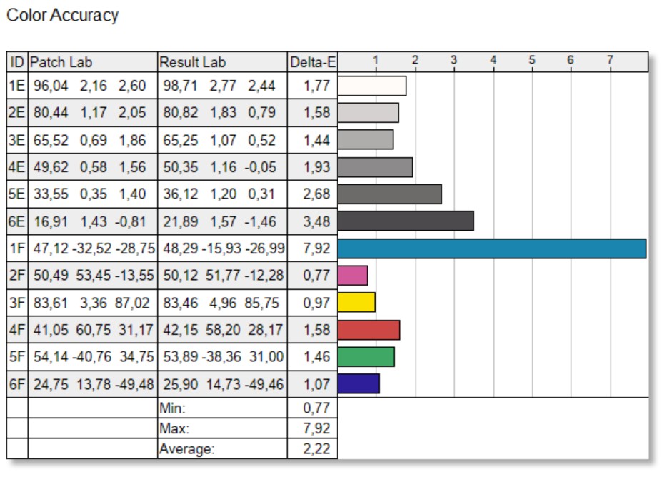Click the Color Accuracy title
62,15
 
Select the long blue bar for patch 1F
491,248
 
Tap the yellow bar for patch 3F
356,303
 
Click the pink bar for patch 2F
353,276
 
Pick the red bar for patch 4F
368,330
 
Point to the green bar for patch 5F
366,357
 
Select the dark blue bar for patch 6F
358,384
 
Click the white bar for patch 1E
372,86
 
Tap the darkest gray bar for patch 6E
406,221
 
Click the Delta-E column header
313,62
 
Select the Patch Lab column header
61,62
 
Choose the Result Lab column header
192,62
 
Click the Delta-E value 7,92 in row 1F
316,248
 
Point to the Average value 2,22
316,449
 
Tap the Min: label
171,408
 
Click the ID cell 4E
17,167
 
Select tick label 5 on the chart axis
531,60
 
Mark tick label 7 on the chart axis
610,60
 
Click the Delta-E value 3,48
316,221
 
